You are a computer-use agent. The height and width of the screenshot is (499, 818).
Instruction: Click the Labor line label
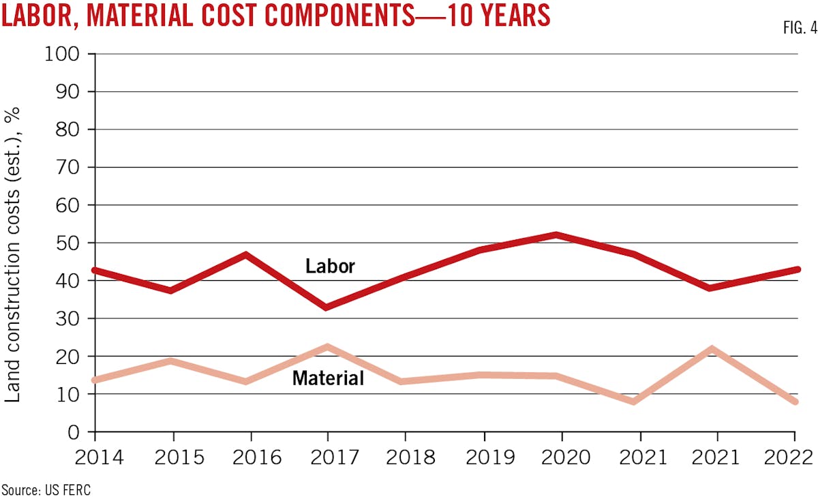pyautogui.click(x=330, y=266)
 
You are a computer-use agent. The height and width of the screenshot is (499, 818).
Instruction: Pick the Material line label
pyautogui.click(x=328, y=378)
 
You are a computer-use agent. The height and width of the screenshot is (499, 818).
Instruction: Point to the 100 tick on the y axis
pyautogui.click(x=63, y=54)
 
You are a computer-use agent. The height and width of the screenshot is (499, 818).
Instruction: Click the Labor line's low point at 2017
pyautogui.click(x=328, y=307)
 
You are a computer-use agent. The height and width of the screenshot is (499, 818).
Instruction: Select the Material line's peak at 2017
pyautogui.click(x=328, y=347)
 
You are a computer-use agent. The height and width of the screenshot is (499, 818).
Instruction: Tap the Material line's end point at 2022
pyautogui.click(x=795, y=402)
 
